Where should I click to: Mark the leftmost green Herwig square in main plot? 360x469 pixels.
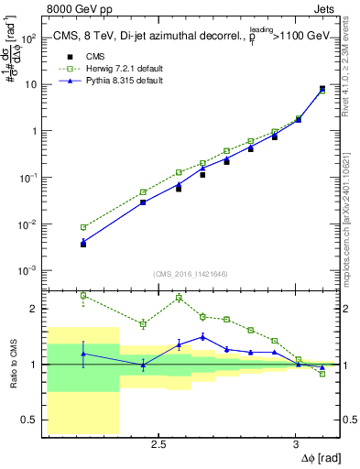[83, 227]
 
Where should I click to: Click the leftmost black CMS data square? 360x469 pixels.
[83, 244]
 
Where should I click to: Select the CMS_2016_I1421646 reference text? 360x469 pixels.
[191, 273]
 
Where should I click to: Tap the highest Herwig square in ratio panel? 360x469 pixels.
[83, 295]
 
